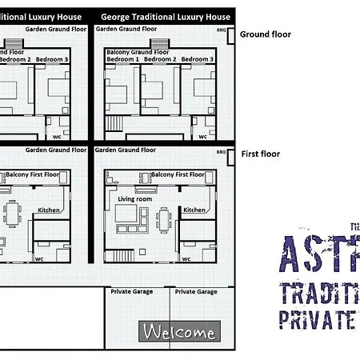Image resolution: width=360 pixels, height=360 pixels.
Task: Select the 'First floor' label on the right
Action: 260,154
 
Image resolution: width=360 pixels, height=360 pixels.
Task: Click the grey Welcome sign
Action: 178,332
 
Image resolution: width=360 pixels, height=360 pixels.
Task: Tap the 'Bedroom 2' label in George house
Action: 160,59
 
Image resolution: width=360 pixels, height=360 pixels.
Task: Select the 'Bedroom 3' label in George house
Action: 197,59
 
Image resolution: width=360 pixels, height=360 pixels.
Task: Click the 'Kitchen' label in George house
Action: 194,210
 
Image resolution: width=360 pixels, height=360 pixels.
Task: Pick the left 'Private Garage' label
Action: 131,292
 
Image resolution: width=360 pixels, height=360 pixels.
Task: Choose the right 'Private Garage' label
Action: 196,292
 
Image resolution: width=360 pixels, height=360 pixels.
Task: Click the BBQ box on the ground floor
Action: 222,30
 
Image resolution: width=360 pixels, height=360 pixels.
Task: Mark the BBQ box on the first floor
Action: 222,150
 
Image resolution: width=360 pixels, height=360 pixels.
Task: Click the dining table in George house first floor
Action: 164,218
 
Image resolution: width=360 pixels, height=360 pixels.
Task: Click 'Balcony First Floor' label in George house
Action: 178,174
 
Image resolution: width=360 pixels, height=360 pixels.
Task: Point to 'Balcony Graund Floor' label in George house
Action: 137,51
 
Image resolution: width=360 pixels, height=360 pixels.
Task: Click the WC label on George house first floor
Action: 186,258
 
